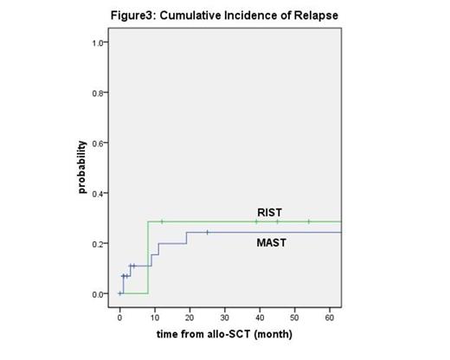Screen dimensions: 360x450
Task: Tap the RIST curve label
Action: tap(269, 211)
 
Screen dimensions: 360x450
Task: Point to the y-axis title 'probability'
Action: tap(83, 167)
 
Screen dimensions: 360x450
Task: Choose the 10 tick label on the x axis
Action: tap(155, 318)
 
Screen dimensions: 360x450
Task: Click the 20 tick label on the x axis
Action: tap(190, 318)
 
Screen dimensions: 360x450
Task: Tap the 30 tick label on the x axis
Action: tap(224, 318)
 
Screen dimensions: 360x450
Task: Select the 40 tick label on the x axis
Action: tap(260, 318)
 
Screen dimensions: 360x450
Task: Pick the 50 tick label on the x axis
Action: tap(294, 318)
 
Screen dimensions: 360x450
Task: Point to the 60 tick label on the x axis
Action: tap(329, 318)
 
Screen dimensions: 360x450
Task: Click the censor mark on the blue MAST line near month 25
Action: tap(208, 232)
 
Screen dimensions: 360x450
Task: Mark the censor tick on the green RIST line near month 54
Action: tap(308, 222)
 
